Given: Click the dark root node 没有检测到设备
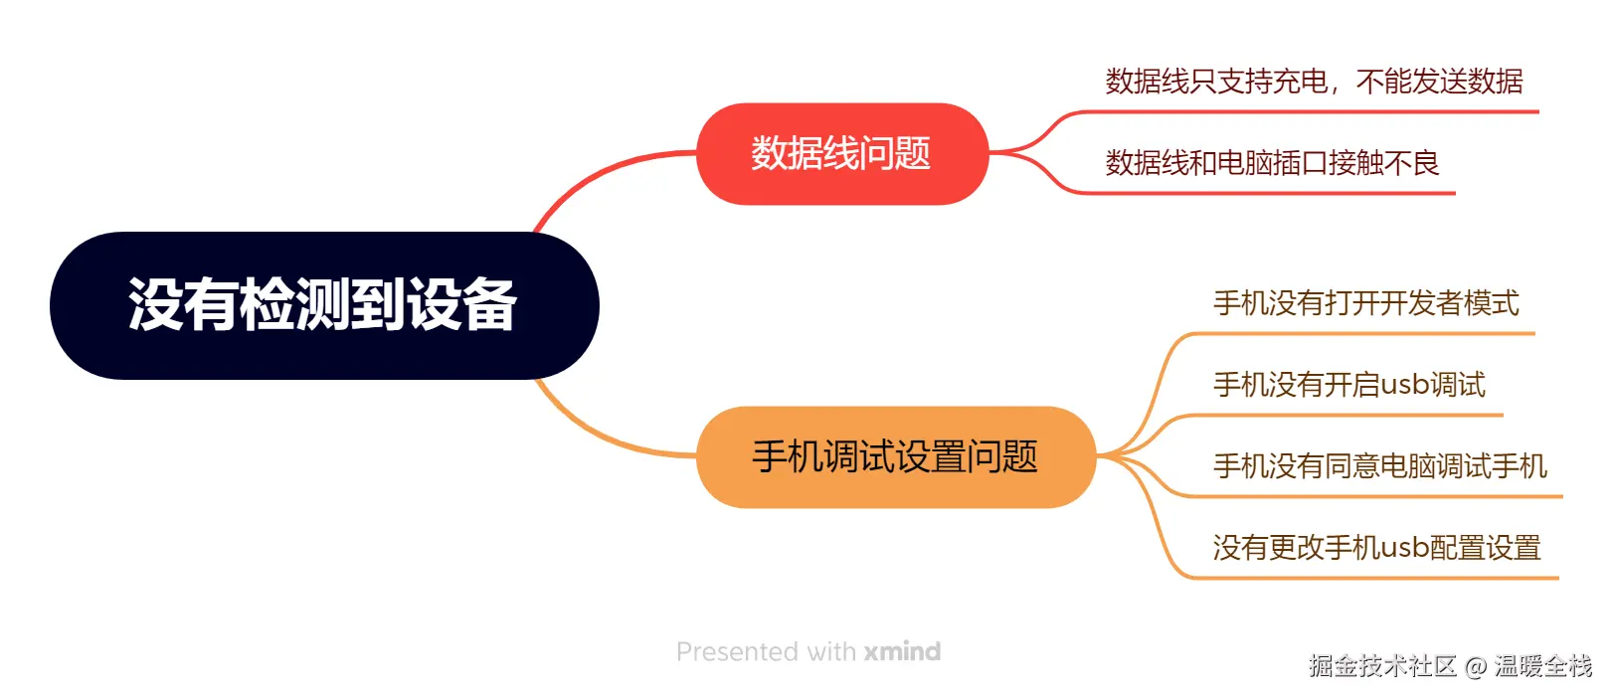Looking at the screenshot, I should (x=323, y=305).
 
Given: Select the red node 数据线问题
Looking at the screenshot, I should (x=841, y=154).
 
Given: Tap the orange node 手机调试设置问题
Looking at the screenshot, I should (x=895, y=457).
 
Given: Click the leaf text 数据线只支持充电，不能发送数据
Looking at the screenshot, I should (x=1314, y=82).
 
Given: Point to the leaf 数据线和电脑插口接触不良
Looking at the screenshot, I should (x=1272, y=163).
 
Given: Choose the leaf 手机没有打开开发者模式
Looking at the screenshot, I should (x=1365, y=303).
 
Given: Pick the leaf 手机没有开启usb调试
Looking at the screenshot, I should (x=1348, y=385).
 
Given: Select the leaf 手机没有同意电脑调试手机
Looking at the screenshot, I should (x=1379, y=466).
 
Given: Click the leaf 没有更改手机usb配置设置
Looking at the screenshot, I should (x=1376, y=548).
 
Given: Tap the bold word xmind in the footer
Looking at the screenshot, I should (x=902, y=652).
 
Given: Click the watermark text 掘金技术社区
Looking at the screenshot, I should (x=1382, y=666).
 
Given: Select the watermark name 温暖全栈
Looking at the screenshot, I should (x=1542, y=666).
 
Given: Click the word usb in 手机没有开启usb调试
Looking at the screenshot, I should (x=1405, y=385).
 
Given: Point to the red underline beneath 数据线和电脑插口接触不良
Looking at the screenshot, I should (x=1293, y=193).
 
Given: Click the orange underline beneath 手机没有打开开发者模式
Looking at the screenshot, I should (x=1372, y=333).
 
